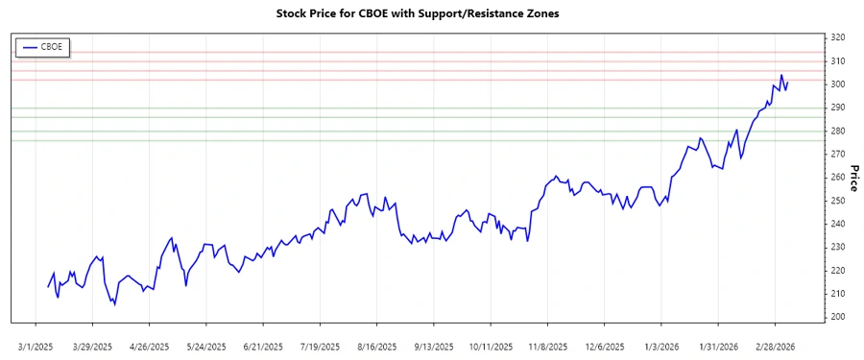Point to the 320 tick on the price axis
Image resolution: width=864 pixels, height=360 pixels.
(838, 38)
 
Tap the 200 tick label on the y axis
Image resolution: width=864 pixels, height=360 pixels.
(838, 317)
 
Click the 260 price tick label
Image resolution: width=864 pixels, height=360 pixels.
(838, 178)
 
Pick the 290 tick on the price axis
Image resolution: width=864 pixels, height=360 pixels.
(838, 108)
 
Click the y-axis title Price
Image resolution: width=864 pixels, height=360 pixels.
(853, 177)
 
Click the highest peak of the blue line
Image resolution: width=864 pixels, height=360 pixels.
(781, 75)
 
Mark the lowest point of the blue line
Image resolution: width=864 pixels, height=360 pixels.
(114, 304)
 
